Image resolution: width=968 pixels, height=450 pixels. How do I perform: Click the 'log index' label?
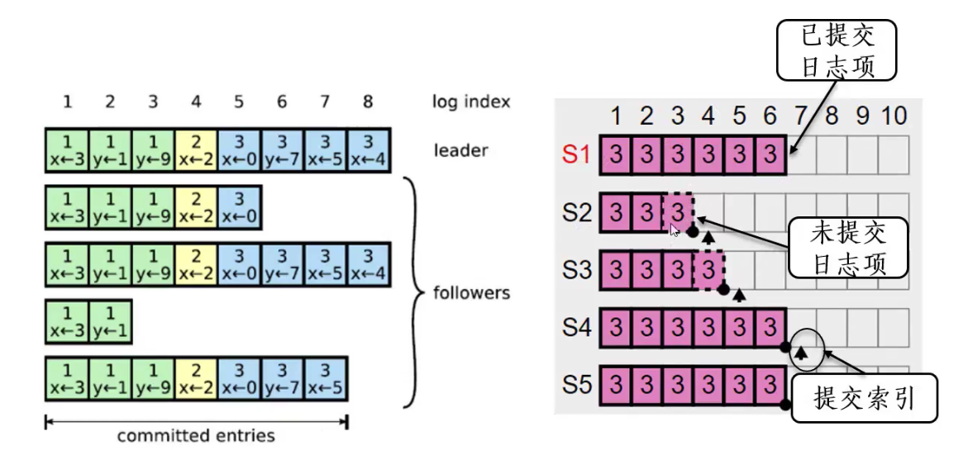coord(470,102)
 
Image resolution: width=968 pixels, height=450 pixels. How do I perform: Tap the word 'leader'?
coord(460,150)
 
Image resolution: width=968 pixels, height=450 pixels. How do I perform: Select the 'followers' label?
coord(471,292)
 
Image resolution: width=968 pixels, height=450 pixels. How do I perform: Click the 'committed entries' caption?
coord(196,435)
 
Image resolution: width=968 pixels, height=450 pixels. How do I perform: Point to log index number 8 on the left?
coord(368,102)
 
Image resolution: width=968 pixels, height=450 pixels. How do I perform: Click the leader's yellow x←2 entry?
coord(196,150)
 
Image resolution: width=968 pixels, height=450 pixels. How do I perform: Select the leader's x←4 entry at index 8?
coord(369,150)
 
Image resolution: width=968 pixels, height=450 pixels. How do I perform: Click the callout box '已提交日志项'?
coord(837,50)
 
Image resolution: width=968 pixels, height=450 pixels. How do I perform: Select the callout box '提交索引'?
coord(864,400)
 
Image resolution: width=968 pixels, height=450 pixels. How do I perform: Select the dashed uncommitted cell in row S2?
coord(679,213)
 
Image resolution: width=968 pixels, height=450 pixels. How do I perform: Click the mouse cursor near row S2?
coord(675,230)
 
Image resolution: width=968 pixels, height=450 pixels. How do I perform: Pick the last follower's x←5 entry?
coord(326,377)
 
